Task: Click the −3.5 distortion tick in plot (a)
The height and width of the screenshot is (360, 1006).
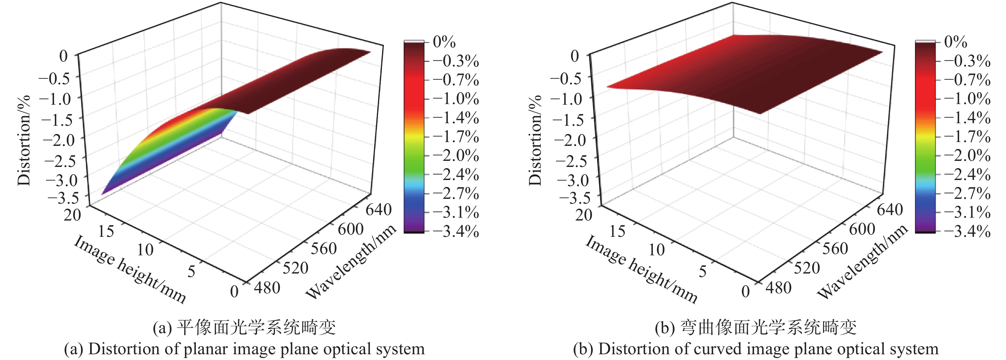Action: pyautogui.click(x=63, y=198)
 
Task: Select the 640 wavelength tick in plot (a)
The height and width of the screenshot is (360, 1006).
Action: pyautogui.click(x=378, y=210)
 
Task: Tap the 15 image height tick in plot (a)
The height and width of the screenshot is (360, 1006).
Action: pyautogui.click(x=106, y=231)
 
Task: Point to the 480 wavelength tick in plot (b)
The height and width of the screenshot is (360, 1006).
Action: pyautogui.click(x=778, y=288)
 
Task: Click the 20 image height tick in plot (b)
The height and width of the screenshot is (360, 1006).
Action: pyautogui.click(x=584, y=215)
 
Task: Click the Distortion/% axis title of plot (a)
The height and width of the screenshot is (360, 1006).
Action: pyautogui.click(x=24, y=140)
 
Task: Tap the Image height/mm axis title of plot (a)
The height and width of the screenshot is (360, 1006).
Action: pyautogui.click(x=130, y=269)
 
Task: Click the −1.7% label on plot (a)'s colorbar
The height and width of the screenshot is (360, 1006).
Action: pyautogui.click(x=455, y=137)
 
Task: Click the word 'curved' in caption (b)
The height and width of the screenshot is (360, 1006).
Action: pyautogui.click(x=727, y=349)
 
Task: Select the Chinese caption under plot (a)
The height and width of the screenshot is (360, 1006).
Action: pyautogui.click(x=244, y=327)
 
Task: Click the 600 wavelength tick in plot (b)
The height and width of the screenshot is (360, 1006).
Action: pyautogui.click(x=862, y=229)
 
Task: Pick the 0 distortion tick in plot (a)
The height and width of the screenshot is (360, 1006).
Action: pyautogui.click(x=64, y=56)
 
